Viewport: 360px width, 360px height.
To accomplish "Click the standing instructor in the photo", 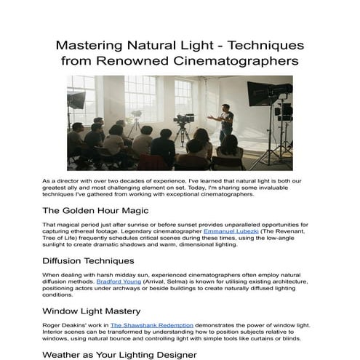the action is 225,123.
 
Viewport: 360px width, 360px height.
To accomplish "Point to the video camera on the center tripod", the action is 183,118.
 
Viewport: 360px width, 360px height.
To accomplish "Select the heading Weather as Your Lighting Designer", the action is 119,354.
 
